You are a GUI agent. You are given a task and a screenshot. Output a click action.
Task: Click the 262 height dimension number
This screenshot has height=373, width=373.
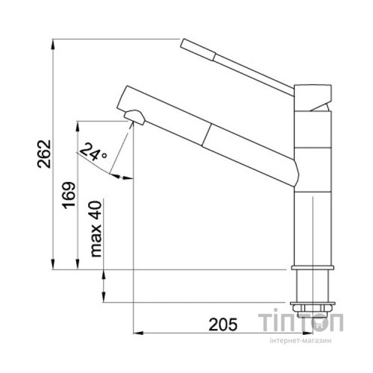(x=44, y=154)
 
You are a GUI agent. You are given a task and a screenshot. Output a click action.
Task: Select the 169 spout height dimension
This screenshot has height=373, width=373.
(x=69, y=195)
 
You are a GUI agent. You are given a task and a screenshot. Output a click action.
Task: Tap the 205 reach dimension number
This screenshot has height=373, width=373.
(x=223, y=325)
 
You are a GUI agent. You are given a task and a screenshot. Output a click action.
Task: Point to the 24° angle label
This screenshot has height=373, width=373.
(x=93, y=152)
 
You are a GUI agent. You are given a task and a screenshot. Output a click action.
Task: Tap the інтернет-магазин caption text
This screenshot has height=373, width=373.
(x=301, y=341)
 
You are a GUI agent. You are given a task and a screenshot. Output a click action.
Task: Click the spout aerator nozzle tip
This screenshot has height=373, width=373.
(x=134, y=117)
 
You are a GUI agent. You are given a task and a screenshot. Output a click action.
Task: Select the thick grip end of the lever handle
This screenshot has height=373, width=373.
(x=198, y=50)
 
